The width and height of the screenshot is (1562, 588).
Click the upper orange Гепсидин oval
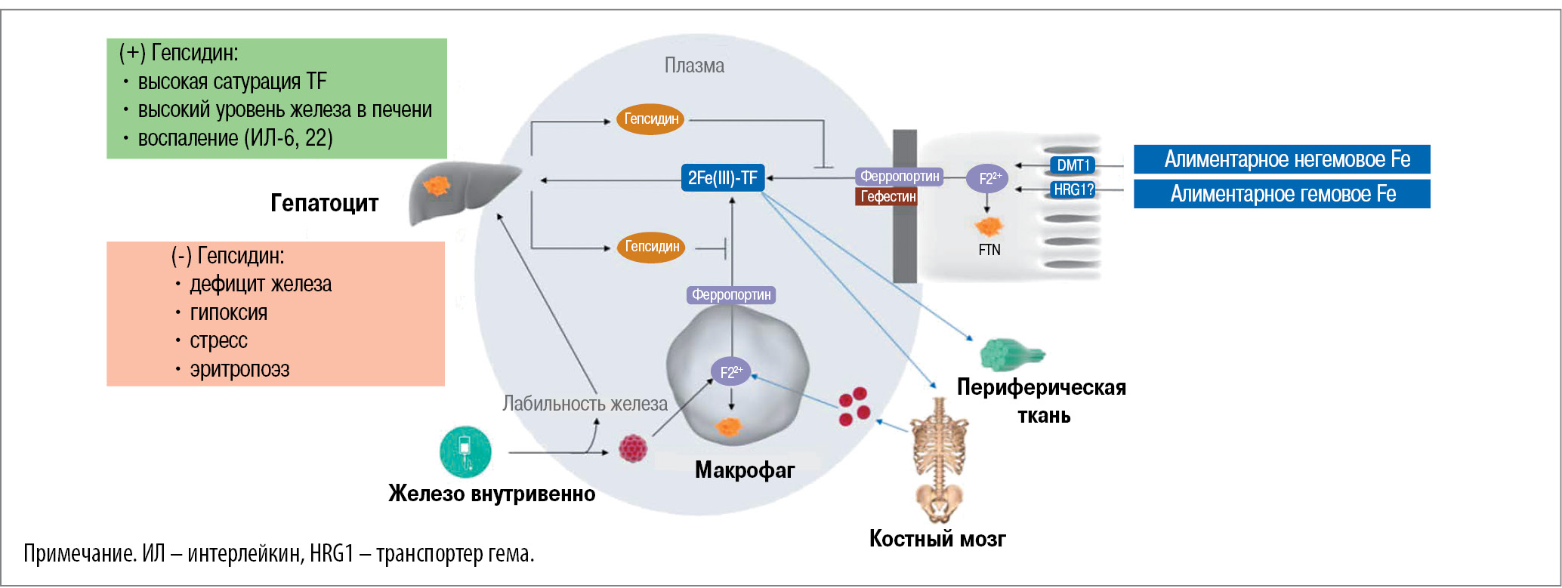(650, 119)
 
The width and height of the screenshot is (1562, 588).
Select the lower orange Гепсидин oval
(651, 247)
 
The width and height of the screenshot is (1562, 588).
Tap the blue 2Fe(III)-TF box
(722, 178)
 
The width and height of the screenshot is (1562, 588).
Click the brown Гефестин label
(887, 197)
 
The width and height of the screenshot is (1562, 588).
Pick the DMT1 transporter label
(1073, 165)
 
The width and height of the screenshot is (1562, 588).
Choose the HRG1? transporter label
(1073, 190)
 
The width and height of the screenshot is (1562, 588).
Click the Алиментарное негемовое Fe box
(1282, 159)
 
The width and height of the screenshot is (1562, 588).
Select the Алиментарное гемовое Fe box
(1282, 194)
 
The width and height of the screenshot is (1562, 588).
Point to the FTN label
(989, 250)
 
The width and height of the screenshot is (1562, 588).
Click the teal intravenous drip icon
(465, 451)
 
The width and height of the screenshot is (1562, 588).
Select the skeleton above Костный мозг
(938, 460)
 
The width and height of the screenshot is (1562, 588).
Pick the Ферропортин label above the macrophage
(731, 295)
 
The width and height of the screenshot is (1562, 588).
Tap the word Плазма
(694, 66)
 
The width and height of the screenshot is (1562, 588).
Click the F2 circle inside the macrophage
(730, 371)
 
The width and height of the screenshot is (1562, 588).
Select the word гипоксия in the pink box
(228, 312)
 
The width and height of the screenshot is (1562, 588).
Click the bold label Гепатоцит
(324, 203)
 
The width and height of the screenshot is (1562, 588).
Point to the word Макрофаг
(744, 470)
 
